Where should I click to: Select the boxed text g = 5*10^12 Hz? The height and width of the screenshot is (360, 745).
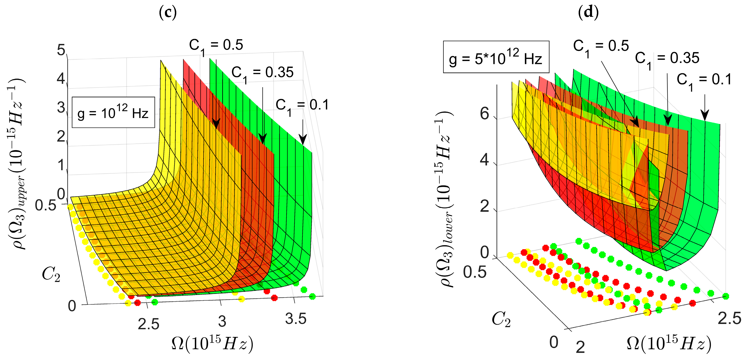(x=496, y=57)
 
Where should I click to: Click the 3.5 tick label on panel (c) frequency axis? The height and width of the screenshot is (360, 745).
(x=296, y=319)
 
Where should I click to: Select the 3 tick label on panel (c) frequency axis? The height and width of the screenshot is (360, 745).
(x=222, y=321)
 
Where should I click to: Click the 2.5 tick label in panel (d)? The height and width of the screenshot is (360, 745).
(x=729, y=318)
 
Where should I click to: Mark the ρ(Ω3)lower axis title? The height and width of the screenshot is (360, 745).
(x=444, y=200)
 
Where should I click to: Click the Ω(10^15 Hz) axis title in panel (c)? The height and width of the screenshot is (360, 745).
(x=213, y=344)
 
